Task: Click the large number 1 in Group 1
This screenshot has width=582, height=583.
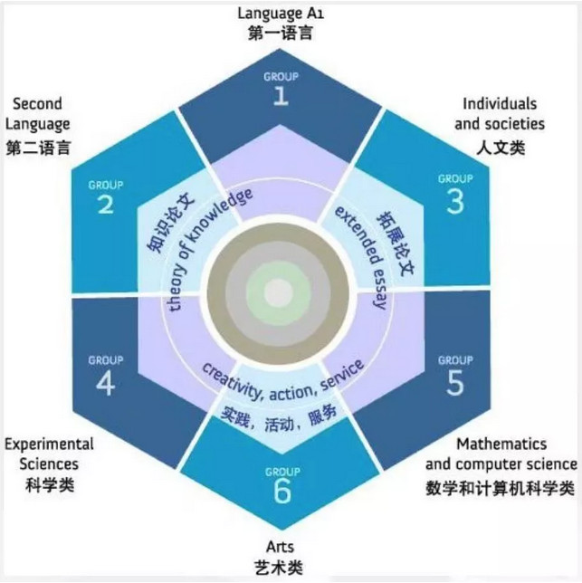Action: [281, 96]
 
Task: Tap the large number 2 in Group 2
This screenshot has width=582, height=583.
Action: [106, 204]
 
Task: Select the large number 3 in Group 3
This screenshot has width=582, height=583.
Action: [455, 202]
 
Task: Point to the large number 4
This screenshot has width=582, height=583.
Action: [106, 383]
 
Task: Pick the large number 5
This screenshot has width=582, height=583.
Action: [455, 383]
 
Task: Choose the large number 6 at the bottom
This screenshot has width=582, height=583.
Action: [282, 492]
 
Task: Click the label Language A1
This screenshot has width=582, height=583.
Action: [281, 14]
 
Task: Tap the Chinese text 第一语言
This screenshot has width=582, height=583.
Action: [281, 33]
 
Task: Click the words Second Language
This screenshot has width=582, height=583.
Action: [37, 114]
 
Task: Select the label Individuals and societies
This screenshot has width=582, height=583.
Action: [500, 114]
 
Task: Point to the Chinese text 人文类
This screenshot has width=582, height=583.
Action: [501, 148]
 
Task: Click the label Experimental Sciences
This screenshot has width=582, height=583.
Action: [49, 454]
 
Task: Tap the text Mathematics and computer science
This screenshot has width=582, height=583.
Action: [501, 454]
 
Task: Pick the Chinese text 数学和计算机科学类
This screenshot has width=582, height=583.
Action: [501, 488]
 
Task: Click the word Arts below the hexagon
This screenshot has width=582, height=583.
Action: [281, 547]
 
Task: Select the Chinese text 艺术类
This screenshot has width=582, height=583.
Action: [279, 568]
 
